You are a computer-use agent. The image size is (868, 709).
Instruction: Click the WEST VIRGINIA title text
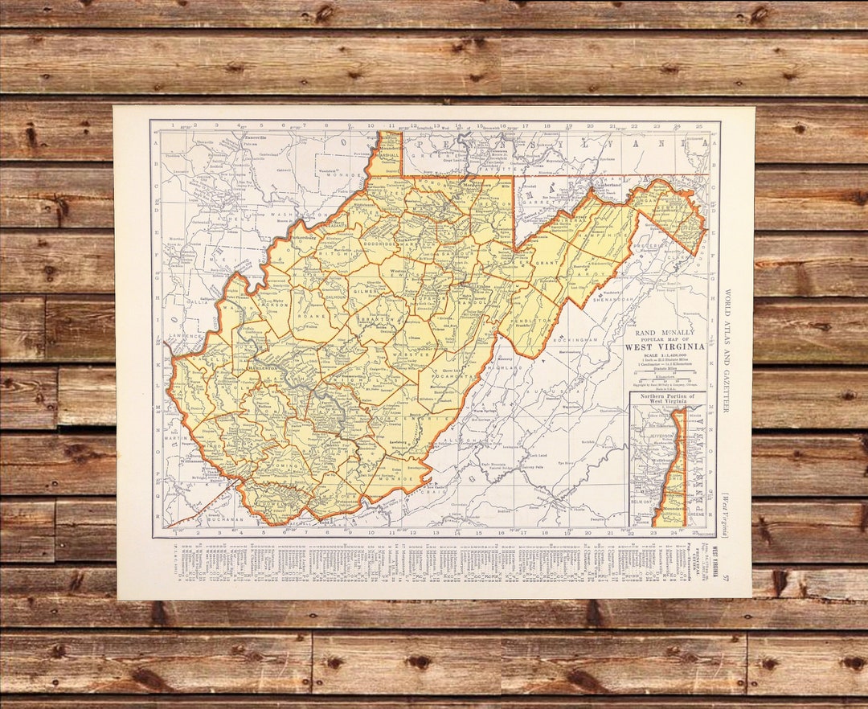click(x=665, y=346)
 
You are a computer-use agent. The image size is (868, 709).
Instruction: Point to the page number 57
click(x=726, y=576)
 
